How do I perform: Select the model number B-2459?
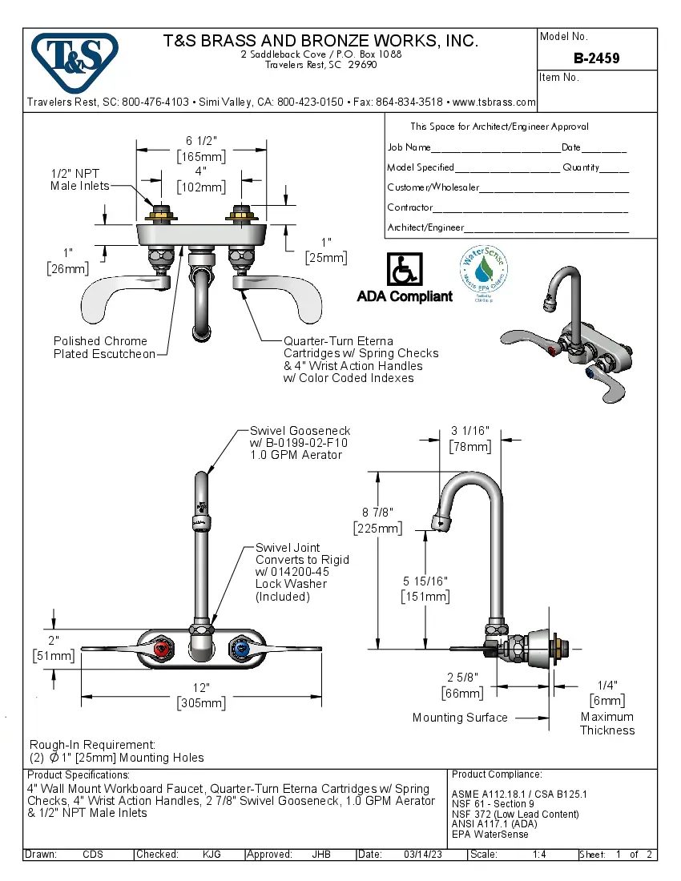pyautogui.click(x=596, y=58)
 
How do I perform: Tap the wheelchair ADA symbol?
pyautogui.click(x=405, y=270)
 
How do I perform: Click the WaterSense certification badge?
pyautogui.click(x=484, y=269)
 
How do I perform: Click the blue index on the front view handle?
pyautogui.click(x=239, y=648)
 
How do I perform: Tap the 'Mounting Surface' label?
pyautogui.click(x=460, y=718)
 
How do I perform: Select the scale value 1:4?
pyautogui.click(x=539, y=855)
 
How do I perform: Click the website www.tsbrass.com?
pyautogui.click(x=494, y=103)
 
